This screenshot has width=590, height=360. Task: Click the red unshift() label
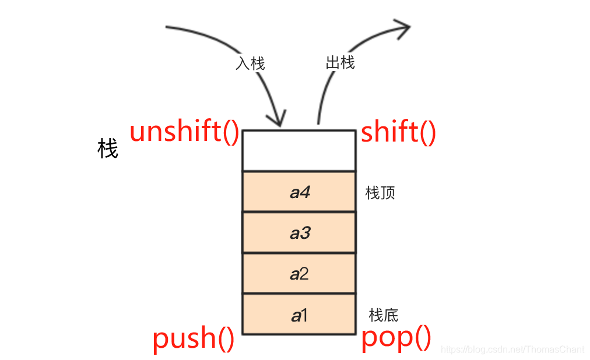[x=184, y=132]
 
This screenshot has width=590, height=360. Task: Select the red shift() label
[x=398, y=132]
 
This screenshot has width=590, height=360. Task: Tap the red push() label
[x=194, y=338]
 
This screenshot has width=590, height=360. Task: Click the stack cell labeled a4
[x=298, y=192]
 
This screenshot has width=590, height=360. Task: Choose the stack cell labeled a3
[x=298, y=233]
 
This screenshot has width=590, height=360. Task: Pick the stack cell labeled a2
[x=298, y=274]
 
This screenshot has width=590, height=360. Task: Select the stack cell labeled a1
[x=298, y=315]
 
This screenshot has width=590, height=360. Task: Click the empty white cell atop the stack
[x=298, y=150]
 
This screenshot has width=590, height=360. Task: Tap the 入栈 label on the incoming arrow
[x=250, y=63]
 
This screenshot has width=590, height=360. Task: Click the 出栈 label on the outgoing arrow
[x=340, y=62]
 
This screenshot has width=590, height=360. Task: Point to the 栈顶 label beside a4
[x=380, y=193]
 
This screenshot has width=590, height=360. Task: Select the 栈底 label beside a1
[x=384, y=315]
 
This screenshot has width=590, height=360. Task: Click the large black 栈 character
[x=108, y=150]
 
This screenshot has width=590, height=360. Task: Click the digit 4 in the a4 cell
[x=305, y=192]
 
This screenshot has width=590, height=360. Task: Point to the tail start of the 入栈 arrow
[x=168, y=27]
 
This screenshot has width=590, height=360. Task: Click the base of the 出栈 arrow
[x=318, y=122]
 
